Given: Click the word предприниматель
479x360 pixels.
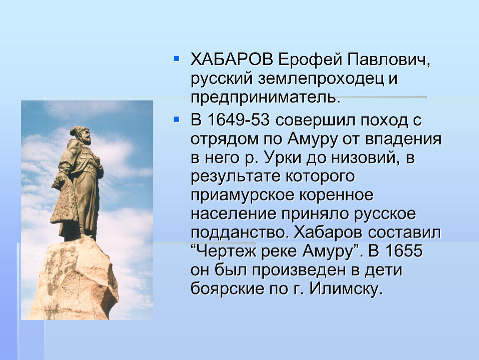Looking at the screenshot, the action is pyautogui.click(x=265, y=97).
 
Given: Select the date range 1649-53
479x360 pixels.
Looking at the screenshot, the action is pyautogui.click(x=239, y=120).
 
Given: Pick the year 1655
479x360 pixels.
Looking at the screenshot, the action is pyautogui.click(x=404, y=251).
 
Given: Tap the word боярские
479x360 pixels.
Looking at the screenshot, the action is pyautogui.click(x=227, y=289).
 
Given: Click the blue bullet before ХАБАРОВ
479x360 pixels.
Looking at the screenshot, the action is pyautogui.click(x=176, y=58).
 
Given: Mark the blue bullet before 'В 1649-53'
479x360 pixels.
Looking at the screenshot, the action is pyautogui.click(x=176, y=119).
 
